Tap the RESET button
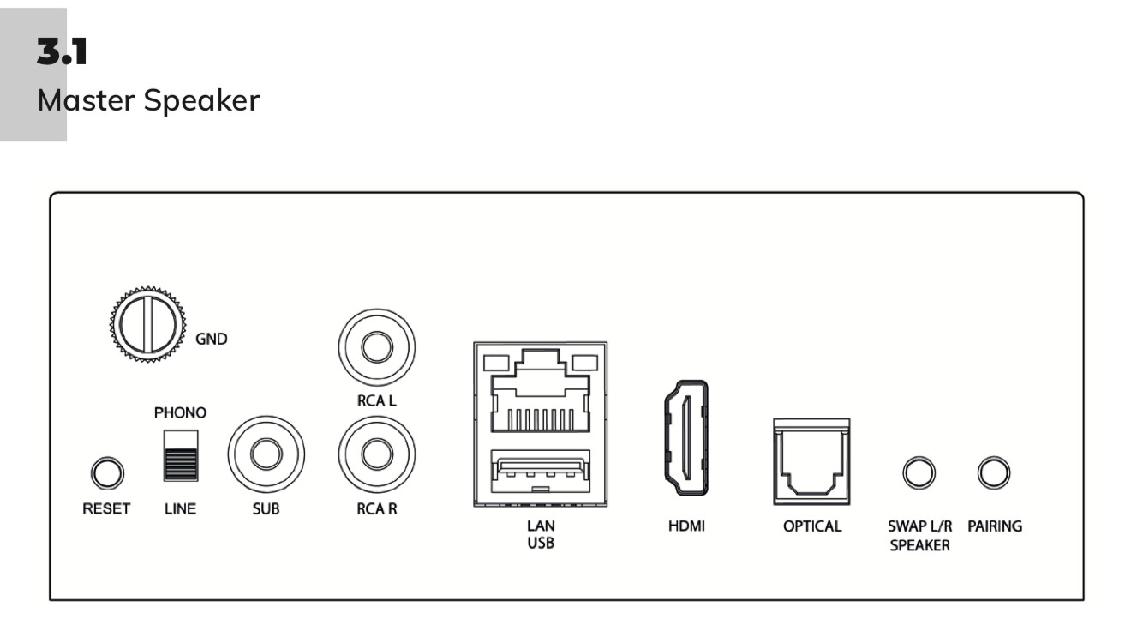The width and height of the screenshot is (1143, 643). click(107, 472)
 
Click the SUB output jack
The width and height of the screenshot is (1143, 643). click(266, 454)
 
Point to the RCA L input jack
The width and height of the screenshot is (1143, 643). click(377, 347)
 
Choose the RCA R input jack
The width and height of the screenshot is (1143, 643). click(377, 454)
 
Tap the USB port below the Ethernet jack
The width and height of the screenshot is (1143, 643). click(539, 474)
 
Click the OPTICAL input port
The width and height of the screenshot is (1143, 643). click(811, 462)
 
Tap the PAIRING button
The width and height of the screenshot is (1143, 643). click(994, 472)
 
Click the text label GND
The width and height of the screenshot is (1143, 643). click(212, 339)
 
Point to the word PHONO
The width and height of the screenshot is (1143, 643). click(180, 412)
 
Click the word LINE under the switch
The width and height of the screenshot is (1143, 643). click(180, 509)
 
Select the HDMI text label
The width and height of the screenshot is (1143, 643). click(686, 526)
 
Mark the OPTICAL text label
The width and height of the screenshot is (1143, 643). click(812, 526)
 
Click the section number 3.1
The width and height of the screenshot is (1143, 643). click(62, 54)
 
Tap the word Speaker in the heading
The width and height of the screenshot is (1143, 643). click(201, 100)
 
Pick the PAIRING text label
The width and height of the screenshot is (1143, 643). click(995, 526)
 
